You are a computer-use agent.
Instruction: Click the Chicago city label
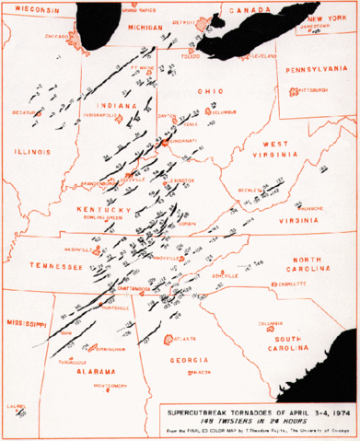coord(53,40)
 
